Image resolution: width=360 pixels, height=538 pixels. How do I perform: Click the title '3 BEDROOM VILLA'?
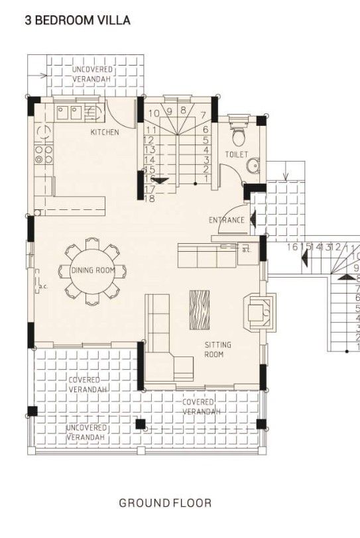click(78, 21)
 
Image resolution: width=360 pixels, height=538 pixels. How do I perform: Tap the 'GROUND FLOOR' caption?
click(165, 503)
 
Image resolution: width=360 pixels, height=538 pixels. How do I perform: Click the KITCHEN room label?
click(105, 133)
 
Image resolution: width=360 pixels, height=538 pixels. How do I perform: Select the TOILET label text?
click(236, 154)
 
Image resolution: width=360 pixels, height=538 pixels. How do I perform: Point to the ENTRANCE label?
click(227, 220)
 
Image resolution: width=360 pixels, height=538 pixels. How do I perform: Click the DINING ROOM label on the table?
click(93, 270)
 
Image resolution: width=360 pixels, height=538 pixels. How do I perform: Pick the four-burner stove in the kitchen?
click(44, 154)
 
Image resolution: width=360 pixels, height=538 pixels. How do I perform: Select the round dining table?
click(93, 270)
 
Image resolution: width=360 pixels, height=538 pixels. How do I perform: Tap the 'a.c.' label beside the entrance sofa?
click(246, 250)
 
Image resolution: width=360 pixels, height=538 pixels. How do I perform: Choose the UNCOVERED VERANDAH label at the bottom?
click(86, 433)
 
